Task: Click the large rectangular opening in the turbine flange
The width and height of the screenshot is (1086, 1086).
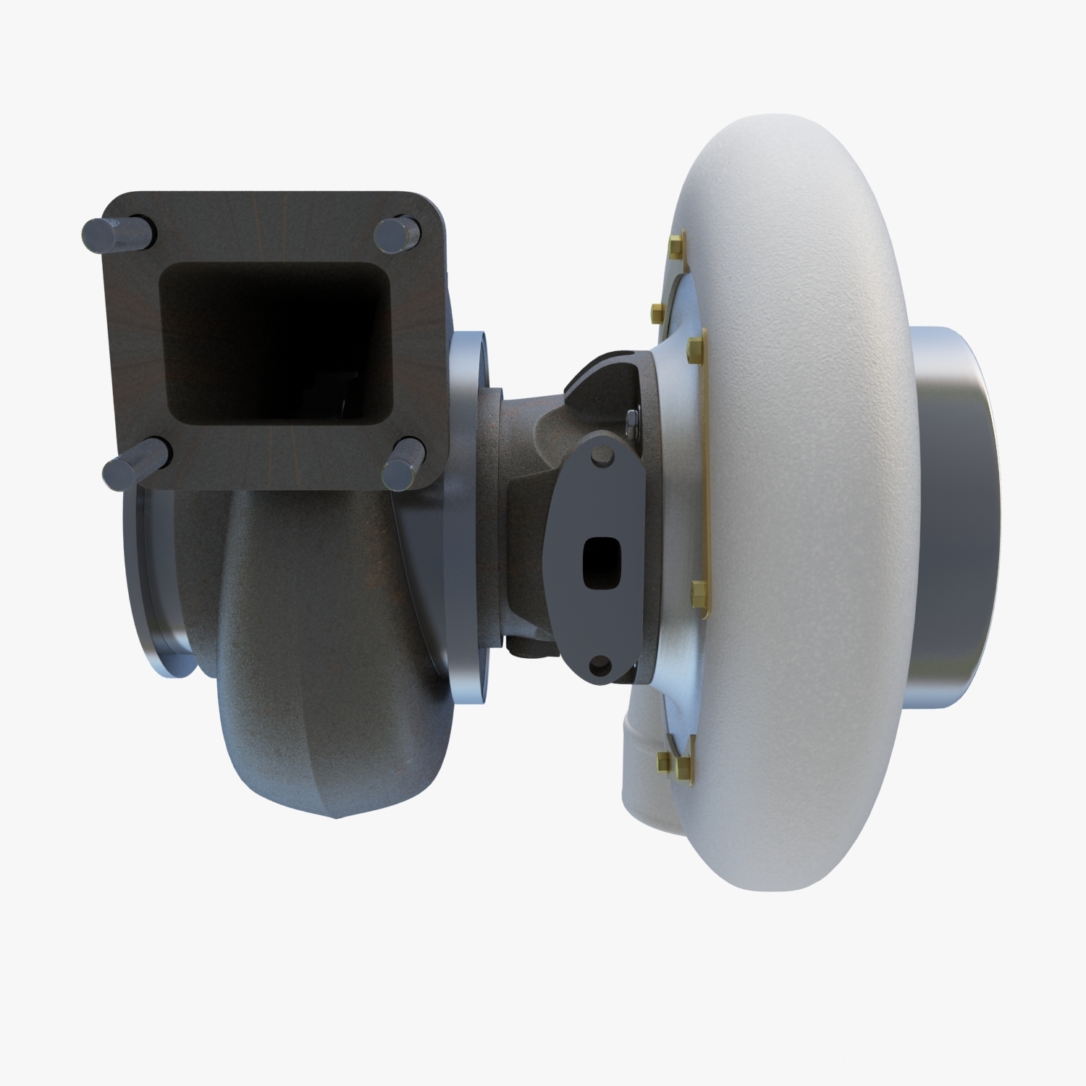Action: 274,348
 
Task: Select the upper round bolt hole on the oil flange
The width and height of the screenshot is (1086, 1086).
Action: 600,456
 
